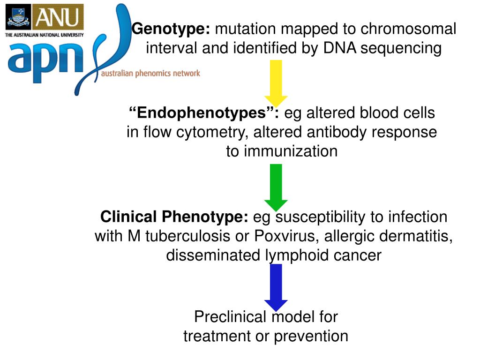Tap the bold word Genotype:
(171, 30)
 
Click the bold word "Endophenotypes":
(204, 113)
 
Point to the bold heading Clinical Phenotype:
(174, 217)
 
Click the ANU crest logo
(18, 17)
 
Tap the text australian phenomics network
(150, 73)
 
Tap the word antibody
(337, 133)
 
